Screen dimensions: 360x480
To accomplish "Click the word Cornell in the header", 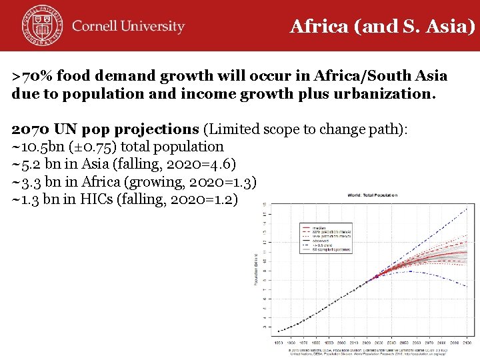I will tap(97, 27).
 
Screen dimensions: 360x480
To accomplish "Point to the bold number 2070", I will tap(31, 129).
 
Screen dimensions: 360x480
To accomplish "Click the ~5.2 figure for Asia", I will tap(27, 163).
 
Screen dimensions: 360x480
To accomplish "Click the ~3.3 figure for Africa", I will tap(27, 181).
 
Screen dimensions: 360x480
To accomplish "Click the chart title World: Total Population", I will tap(371, 195).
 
